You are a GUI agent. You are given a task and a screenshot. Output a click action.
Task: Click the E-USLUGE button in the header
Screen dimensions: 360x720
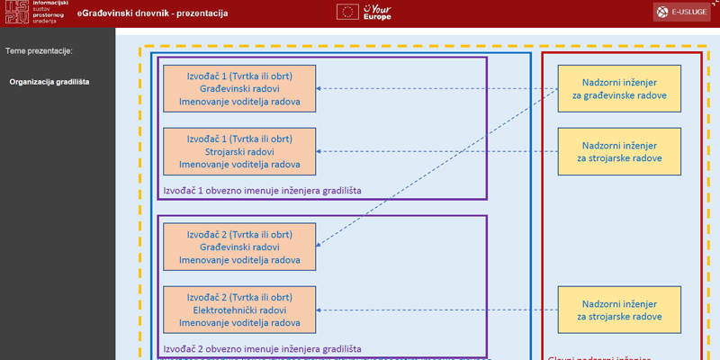click(681, 13)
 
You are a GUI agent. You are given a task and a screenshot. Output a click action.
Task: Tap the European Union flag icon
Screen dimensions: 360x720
click(346, 13)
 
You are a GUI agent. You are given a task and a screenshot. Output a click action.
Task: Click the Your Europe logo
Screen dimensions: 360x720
click(377, 13)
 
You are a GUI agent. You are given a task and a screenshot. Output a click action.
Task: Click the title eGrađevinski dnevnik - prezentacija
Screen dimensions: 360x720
click(152, 13)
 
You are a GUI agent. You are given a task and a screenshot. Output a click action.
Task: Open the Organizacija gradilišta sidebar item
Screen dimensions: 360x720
click(49, 82)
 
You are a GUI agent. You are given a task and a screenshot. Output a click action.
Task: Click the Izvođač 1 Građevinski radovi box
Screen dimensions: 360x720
click(239, 88)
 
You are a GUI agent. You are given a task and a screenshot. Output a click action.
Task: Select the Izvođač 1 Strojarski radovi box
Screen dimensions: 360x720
click(239, 151)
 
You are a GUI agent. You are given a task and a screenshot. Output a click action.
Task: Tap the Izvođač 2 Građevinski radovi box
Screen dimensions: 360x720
click(239, 247)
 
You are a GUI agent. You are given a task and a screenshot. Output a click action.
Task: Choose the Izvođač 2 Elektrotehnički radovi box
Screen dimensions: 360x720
click(239, 310)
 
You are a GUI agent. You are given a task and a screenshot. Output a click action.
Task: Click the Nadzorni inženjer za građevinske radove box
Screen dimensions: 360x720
click(619, 88)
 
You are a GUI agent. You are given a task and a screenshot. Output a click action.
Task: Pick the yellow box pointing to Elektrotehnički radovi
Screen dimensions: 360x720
click(619, 310)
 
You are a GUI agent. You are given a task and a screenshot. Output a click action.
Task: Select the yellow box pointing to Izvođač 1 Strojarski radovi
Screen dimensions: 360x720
click(619, 151)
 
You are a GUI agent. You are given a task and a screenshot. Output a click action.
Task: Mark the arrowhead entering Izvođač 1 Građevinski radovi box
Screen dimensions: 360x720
click(322, 88)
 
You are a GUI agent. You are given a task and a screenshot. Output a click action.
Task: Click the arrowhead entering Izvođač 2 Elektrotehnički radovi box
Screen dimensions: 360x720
click(322, 310)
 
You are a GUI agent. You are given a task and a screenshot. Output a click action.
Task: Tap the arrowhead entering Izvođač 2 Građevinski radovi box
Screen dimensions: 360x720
click(322, 244)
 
